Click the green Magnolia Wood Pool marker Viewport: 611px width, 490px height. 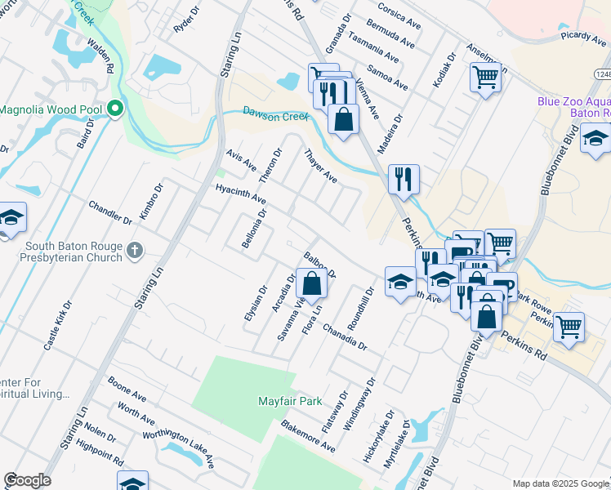tap(115, 109)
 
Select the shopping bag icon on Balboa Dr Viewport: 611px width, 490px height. tap(311, 284)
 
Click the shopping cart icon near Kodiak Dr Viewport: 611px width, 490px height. tap(485, 78)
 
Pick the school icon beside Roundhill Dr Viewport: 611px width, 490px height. tap(399, 282)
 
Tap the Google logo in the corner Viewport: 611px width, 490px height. tap(27, 480)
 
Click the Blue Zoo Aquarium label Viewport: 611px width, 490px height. tap(573, 107)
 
